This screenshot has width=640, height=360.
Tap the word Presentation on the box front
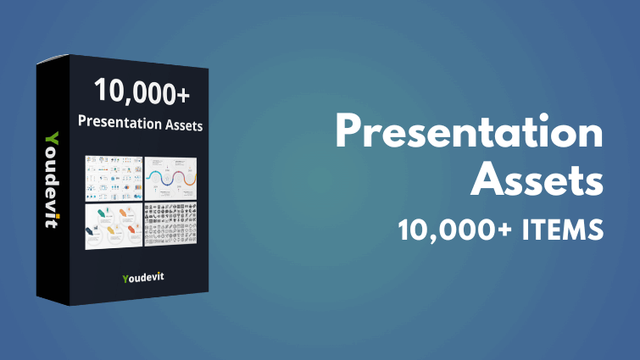tap(124, 121)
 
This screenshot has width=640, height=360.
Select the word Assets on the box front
tap(183, 121)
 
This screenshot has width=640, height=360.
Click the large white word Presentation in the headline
tap(469, 135)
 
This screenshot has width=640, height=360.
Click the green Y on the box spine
tap(52, 138)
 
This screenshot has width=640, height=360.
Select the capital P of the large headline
tap(353, 135)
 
